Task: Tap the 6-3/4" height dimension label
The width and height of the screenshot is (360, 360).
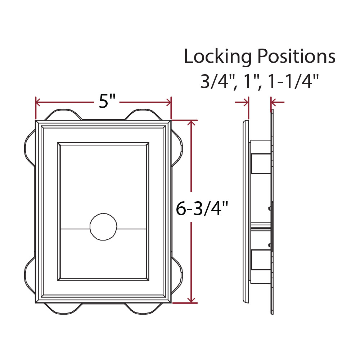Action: (x=202, y=208)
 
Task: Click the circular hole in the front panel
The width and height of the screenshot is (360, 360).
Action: (x=103, y=227)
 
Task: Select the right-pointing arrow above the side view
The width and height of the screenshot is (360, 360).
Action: (x=246, y=103)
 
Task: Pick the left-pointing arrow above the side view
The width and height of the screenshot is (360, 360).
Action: (x=274, y=103)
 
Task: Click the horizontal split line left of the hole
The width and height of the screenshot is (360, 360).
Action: (x=75, y=229)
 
